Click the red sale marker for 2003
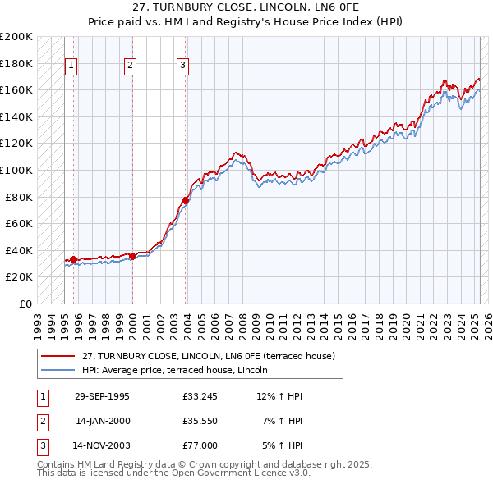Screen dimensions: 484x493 click(x=186, y=200)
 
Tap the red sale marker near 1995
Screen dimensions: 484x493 click(x=74, y=259)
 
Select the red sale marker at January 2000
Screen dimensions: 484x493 click(x=132, y=256)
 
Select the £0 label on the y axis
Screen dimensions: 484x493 click(x=25, y=304)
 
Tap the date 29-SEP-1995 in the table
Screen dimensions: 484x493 click(x=102, y=396)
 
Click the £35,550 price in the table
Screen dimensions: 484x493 click(x=200, y=422)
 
